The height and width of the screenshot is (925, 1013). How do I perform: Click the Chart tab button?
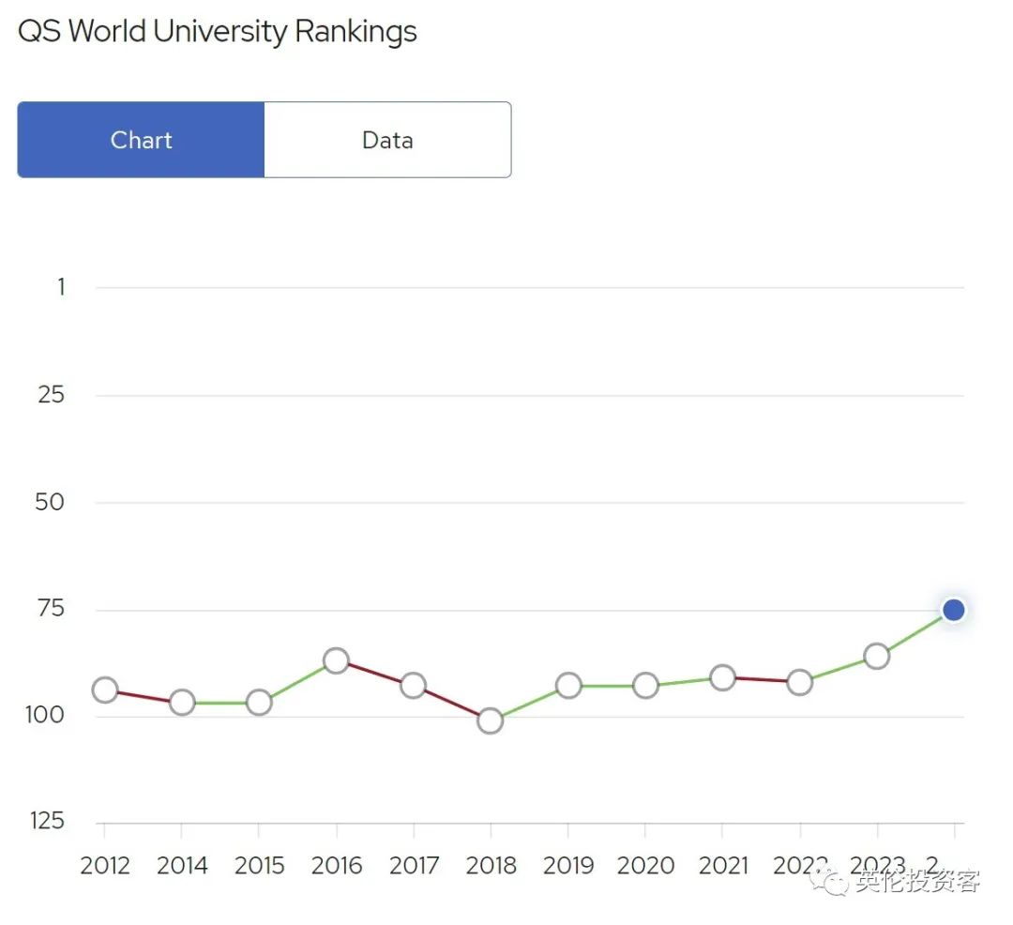point(141,140)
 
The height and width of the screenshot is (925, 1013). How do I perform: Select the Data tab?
point(387,140)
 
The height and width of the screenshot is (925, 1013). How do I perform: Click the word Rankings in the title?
point(355,31)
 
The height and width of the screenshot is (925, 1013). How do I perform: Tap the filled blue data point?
point(953,610)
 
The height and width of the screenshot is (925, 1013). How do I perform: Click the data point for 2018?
point(490,720)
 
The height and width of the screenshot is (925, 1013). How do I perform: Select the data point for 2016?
point(336,660)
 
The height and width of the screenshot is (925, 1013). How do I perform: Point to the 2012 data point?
point(105,690)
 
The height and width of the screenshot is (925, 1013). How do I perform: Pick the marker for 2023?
point(876,656)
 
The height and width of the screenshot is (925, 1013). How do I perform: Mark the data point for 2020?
point(645,686)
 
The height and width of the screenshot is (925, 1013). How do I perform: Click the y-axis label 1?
point(61,287)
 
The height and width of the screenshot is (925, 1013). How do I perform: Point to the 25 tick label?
point(52,395)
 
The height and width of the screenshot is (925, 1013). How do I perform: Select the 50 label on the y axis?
point(51,502)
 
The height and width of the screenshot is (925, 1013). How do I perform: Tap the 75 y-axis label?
point(51,609)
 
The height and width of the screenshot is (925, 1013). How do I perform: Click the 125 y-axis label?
point(47,822)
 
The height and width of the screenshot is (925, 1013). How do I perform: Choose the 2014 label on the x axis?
point(182,866)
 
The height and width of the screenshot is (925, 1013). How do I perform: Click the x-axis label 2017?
point(413,866)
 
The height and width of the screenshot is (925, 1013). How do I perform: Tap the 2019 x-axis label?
point(567,866)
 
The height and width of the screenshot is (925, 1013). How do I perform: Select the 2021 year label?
point(722,866)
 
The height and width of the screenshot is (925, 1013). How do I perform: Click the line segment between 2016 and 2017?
point(374,673)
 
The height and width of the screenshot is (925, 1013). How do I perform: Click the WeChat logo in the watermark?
point(831,881)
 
